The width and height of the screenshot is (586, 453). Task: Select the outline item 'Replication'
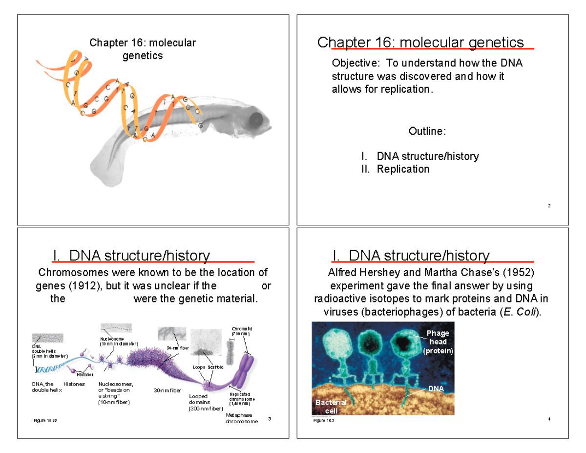(403, 169)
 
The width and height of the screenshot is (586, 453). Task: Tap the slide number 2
(549, 206)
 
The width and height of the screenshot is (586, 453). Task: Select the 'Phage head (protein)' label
(438, 342)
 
